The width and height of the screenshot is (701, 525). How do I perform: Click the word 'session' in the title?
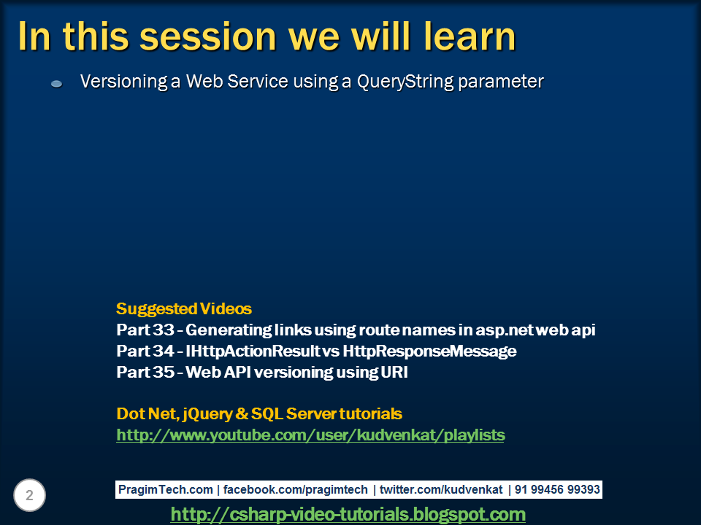click(208, 37)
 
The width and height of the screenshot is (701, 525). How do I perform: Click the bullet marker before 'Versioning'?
click(56, 83)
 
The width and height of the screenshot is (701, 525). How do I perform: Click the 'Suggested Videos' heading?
click(184, 308)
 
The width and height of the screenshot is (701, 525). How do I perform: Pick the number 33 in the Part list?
click(163, 330)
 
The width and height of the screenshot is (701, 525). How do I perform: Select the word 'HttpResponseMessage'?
click(429, 351)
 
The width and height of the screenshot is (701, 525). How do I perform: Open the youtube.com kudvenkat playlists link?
click(310, 435)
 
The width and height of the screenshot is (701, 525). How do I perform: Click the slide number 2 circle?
click(29, 495)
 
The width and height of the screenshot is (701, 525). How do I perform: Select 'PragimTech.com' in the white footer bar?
click(166, 490)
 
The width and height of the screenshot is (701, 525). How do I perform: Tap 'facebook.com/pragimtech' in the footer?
click(295, 490)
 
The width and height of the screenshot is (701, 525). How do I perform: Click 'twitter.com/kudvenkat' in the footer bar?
click(441, 490)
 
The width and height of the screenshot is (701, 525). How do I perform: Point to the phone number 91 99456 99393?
click(557, 490)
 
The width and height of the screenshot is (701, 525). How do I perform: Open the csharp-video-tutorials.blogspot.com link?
click(348, 514)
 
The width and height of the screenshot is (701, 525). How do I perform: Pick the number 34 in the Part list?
click(163, 351)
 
